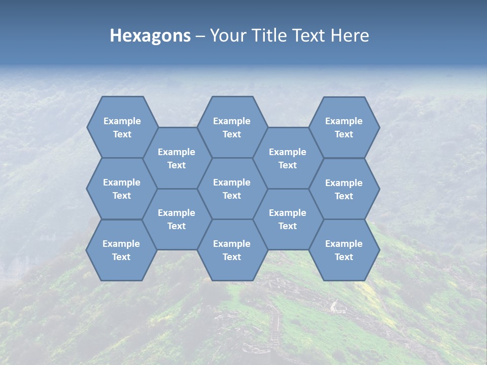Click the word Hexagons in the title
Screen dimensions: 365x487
[x=150, y=35]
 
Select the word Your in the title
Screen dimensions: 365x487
[x=226, y=35]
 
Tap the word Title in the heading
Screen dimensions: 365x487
[x=269, y=35]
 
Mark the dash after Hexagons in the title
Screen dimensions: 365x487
[x=200, y=36]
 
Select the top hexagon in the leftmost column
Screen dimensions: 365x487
[x=122, y=127]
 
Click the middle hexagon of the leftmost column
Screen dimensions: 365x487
[x=122, y=189]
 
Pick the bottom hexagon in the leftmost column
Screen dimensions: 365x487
[x=121, y=250]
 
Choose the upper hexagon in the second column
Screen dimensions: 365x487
[x=177, y=158]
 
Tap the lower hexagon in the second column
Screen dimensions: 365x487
[x=177, y=219]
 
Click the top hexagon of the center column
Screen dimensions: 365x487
[x=232, y=127]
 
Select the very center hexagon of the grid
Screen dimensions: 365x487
[x=232, y=189]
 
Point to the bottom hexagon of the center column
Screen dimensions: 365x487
[x=232, y=250]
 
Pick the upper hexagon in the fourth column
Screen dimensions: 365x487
[x=288, y=158]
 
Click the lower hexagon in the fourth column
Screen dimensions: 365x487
[x=288, y=219]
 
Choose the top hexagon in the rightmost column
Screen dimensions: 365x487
[x=344, y=127]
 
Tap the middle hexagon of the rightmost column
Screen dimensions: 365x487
[x=344, y=189]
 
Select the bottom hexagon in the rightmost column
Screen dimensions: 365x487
[x=344, y=250]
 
